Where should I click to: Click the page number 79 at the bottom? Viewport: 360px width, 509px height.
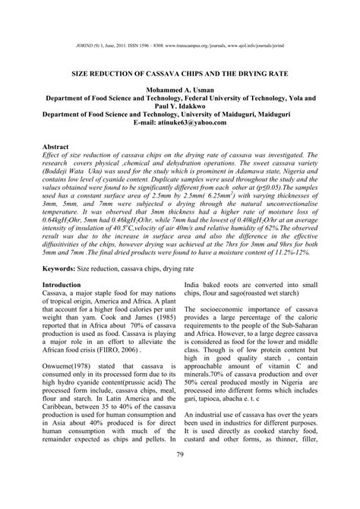(x=180, y=476)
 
